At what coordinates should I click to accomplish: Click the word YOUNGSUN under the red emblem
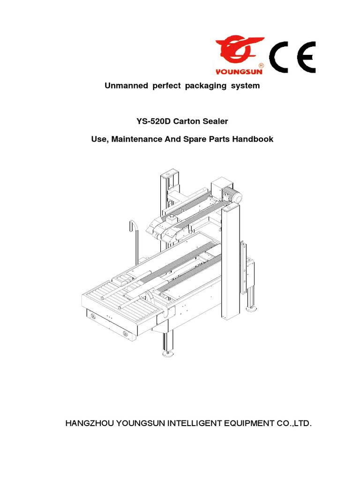[239, 72]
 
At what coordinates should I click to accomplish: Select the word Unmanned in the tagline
[124, 86]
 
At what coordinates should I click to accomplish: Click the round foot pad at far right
[252, 309]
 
